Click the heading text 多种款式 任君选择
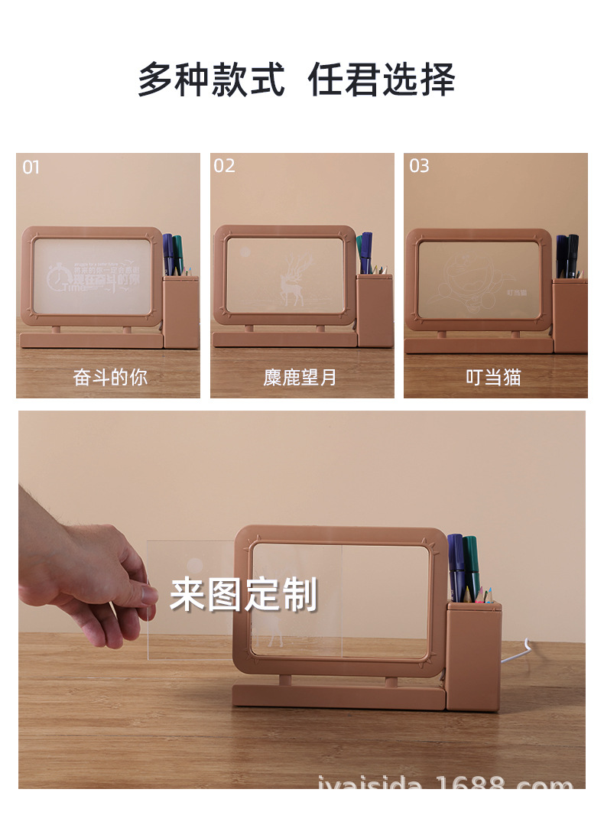tap(296, 80)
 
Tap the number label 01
tap(31, 167)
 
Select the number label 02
tap(224, 166)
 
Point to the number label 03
tap(419, 166)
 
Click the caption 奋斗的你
tap(109, 377)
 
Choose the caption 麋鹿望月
tap(300, 377)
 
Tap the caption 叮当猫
tap(493, 377)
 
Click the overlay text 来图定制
tap(243, 594)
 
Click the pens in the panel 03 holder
tap(567, 255)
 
